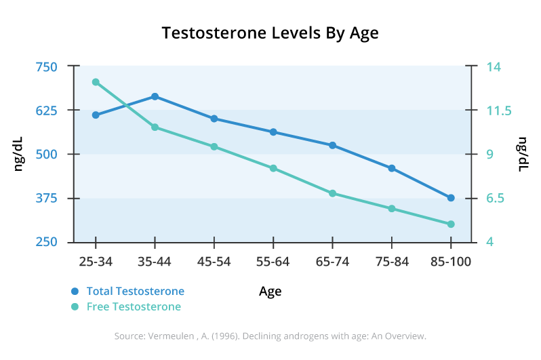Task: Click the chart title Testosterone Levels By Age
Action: click(x=270, y=33)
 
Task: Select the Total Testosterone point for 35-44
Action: click(x=155, y=96)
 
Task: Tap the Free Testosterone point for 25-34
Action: click(x=96, y=82)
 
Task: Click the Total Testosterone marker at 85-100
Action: click(x=451, y=198)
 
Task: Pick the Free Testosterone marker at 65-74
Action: click(x=333, y=193)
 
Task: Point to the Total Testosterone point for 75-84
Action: click(x=392, y=168)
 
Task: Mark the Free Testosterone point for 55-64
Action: click(x=273, y=168)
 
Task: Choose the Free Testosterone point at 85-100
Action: click(x=451, y=224)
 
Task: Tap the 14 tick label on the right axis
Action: click(x=494, y=67)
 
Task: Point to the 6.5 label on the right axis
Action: click(x=496, y=199)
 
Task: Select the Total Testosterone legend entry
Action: click(x=135, y=292)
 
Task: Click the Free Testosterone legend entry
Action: click(x=134, y=306)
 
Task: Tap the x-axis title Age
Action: click(x=270, y=292)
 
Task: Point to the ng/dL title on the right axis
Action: click(x=523, y=154)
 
